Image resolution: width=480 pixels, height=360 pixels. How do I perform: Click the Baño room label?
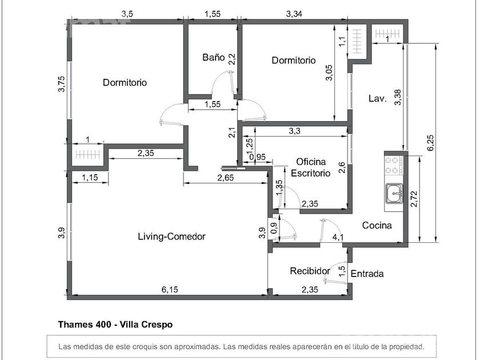(213, 57)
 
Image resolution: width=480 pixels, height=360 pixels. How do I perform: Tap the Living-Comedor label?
(171, 237)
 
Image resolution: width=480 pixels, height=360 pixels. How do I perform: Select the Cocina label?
(377, 225)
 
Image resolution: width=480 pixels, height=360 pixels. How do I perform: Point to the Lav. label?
(378, 98)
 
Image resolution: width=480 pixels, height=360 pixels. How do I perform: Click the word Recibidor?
(310, 271)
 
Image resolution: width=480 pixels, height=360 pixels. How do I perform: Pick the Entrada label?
(367, 273)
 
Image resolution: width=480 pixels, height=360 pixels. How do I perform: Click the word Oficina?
(311, 162)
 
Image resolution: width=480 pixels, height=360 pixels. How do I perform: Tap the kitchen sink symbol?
(394, 193)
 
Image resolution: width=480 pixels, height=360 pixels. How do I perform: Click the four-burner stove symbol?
(394, 165)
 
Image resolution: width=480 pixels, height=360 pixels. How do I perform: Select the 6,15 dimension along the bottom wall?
(170, 289)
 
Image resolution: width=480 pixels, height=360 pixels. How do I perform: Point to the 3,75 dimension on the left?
(62, 83)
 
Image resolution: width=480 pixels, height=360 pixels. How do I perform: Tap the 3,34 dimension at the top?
(294, 14)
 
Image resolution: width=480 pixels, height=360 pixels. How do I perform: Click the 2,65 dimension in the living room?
(225, 178)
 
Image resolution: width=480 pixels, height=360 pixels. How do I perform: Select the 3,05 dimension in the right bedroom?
(329, 73)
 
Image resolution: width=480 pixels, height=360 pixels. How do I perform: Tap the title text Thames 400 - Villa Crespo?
(115, 324)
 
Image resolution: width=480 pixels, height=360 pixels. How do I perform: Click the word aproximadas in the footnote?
(197, 347)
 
